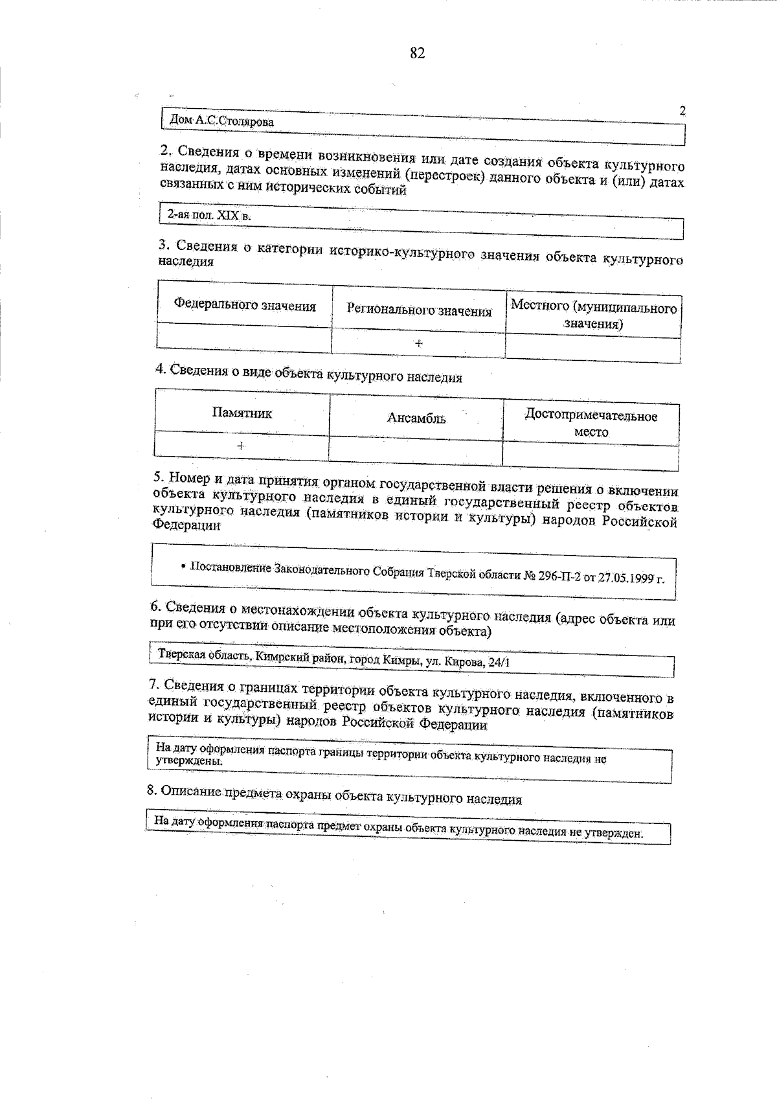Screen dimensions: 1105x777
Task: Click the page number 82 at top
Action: click(417, 54)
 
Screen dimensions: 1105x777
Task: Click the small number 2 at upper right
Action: click(682, 111)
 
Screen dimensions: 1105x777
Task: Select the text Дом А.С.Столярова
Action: click(221, 121)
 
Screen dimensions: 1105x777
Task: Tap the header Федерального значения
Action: click(245, 306)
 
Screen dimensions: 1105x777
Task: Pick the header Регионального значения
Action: click(419, 311)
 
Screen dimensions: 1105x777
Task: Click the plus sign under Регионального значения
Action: click(419, 343)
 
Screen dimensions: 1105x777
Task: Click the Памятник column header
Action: click(242, 413)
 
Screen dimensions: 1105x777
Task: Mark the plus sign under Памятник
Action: click(241, 446)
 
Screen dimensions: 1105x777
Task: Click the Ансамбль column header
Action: click(416, 418)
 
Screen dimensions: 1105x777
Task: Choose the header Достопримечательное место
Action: click(591, 424)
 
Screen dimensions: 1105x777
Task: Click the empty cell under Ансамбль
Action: click(416, 451)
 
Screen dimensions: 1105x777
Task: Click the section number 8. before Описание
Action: click(152, 790)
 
